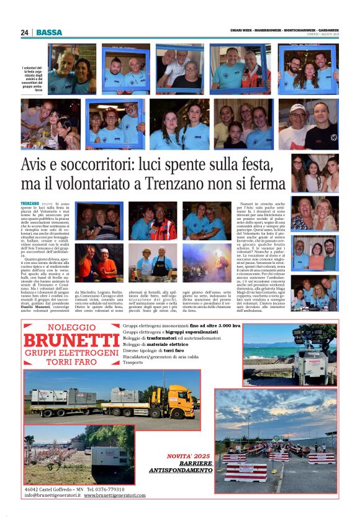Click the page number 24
[x=25, y=32]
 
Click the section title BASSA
[x=49, y=32]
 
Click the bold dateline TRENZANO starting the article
[x=30, y=204]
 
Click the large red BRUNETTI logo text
[x=71, y=340]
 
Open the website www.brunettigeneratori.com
[x=115, y=495]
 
